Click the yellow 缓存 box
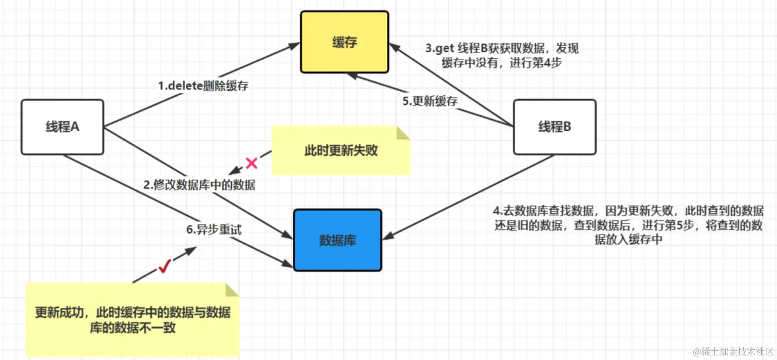coord(344,43)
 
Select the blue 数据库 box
coord(337,240)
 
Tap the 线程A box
coord(62,127)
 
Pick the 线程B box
coord(554,127)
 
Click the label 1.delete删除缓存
coord(203,86)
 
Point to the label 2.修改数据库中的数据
coord(199,185)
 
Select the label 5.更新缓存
coord(430,101)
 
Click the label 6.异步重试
coord(214,229)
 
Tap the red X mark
coord(251,163)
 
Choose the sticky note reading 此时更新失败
coord(341,150)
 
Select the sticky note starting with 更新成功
coord(132,320)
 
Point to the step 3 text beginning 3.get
coord(501,56)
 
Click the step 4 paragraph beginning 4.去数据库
coord(628,225)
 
